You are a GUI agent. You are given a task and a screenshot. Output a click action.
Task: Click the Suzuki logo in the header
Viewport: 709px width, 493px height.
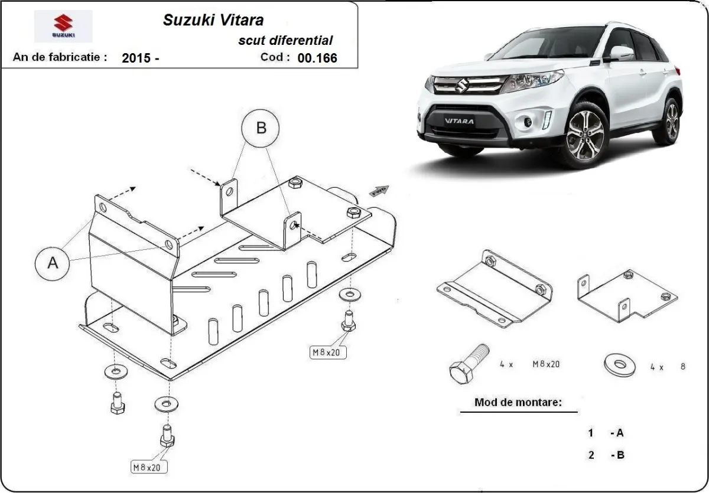click(63, 26)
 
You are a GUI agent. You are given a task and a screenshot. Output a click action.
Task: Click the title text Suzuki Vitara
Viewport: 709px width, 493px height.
click(213, 19)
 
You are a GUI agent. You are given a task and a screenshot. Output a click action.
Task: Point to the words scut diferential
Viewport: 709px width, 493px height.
click(285, 40)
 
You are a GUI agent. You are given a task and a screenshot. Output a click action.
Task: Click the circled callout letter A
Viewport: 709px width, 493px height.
click(53, 263)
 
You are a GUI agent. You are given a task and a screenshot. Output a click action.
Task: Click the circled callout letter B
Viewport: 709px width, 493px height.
click(261, 128)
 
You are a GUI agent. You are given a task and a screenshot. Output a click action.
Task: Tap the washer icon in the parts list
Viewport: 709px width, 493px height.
click(617, 364)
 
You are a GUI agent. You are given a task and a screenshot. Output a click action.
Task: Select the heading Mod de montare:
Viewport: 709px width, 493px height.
click(518, 403)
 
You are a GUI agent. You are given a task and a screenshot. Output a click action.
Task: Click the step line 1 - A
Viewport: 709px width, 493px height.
click(606, 433)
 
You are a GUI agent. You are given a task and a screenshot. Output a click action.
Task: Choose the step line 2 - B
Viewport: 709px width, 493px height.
click(606, 455)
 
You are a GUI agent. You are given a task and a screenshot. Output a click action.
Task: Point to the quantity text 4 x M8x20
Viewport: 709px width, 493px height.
click(531, 365)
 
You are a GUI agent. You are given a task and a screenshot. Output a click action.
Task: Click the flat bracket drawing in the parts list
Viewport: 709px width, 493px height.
click(495, 289)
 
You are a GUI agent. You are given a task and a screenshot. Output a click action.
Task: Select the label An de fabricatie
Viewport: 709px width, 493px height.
click(60, 57)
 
